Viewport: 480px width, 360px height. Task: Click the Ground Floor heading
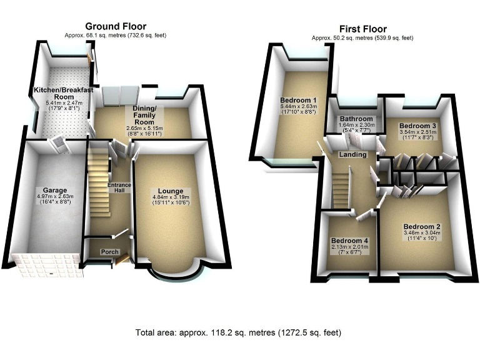pos(116,26)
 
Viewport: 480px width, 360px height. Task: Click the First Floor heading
pos(362,29)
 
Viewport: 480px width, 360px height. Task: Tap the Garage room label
pos(55,190)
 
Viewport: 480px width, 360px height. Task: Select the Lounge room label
pos(170,191)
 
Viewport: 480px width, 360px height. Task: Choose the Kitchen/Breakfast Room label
pos(64,94)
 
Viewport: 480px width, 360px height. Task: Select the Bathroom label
pos(357,119)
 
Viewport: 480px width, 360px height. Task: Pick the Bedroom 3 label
pos(417,126)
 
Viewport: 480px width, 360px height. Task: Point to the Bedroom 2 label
pos(422,226)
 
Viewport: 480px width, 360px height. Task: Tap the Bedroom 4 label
pos(350,241)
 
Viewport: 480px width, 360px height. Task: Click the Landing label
pos(352,154)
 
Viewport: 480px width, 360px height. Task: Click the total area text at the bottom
pos(239,332)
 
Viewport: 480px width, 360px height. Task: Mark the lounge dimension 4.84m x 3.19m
pos(170,199)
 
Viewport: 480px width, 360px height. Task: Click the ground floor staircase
pos(99,181)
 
